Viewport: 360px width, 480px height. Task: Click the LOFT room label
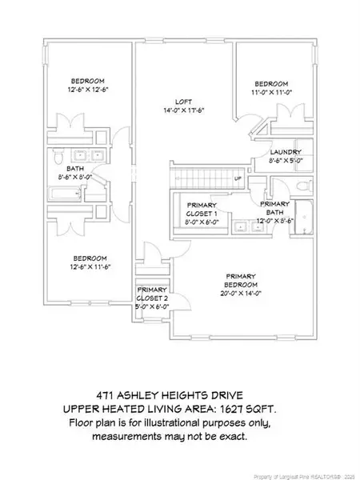click(183, 102)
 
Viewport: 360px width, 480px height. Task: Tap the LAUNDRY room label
click(285, 152)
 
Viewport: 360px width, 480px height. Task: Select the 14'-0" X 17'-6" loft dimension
click(183, 110)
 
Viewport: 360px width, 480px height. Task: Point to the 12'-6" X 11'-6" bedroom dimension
click(90, 266)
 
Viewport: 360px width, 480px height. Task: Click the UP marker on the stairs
click(238, 178)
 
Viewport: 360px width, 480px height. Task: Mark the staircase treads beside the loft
click(200, 178)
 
